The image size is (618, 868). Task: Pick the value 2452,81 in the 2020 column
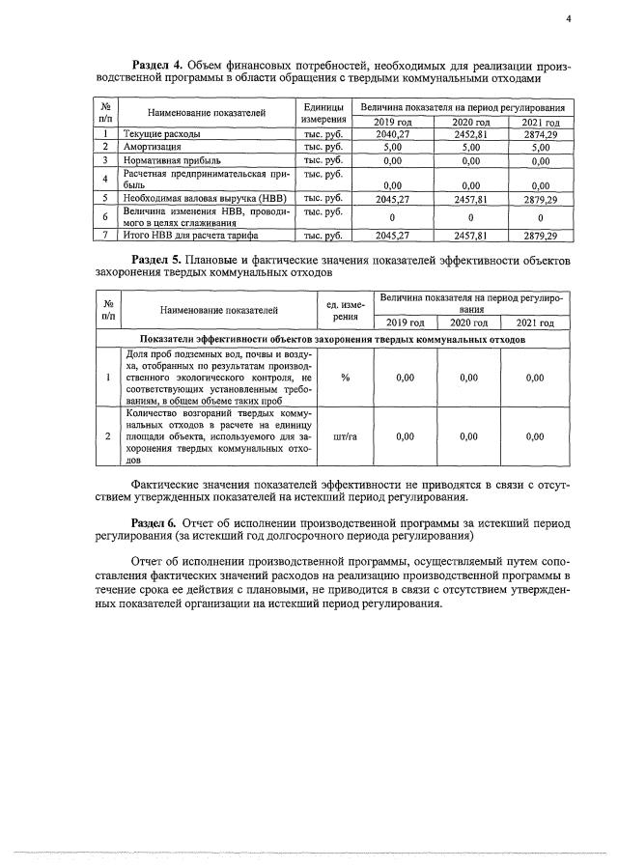465,134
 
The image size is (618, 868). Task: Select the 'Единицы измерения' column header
323,112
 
